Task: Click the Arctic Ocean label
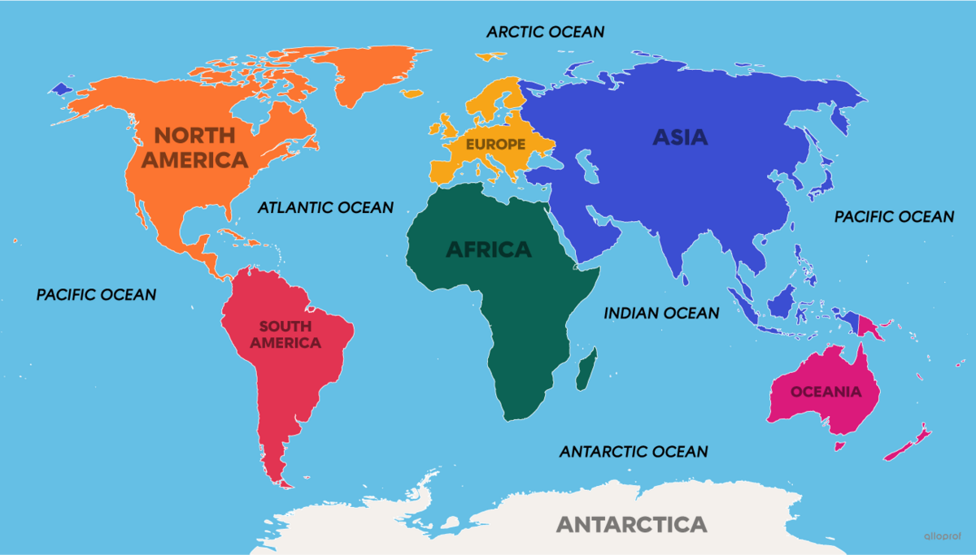coord(545,32)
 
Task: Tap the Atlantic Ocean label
coord(325,207)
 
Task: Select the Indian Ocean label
coord(661,313)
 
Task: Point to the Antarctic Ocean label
coord(634,451)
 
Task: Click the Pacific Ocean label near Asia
coord(894,217)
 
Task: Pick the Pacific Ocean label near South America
coord(96,294)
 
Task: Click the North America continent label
coord(194,147)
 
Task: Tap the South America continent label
coord(285,335)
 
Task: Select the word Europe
coord(495,144)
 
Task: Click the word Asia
coord(680,137)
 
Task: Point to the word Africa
coord(488,249)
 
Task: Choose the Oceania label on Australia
coord(826,392)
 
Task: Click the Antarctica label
coord(631,523)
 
